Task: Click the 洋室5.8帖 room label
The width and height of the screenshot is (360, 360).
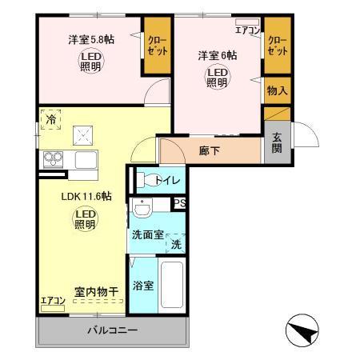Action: (90, 38)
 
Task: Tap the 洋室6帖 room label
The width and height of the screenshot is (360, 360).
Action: (218, 56)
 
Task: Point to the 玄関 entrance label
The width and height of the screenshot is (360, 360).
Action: (276, 142)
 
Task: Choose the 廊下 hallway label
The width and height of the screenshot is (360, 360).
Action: (209, 150)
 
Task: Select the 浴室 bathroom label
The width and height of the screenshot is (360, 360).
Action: (144, 283)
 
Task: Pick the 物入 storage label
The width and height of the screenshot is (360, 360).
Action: (276, 91)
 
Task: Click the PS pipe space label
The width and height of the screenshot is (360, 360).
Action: (180, 202)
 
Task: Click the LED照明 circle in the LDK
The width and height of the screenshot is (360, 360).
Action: (85, 219)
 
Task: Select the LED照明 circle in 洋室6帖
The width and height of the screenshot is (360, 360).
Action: (218, 77)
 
